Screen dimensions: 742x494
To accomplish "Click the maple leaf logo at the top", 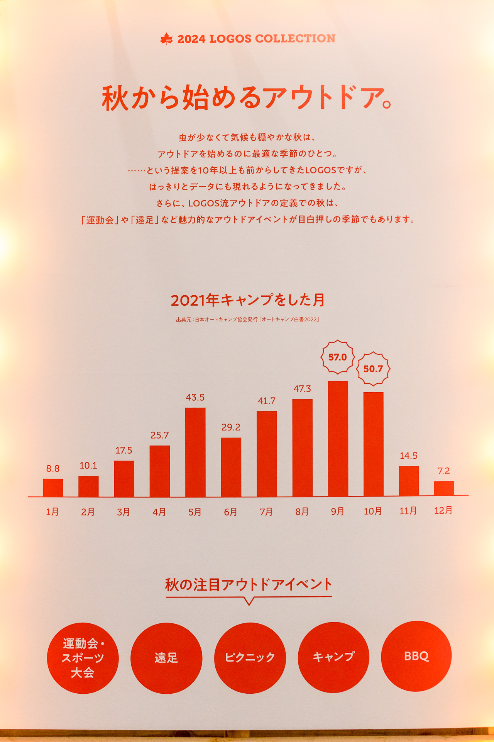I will coord(166,39).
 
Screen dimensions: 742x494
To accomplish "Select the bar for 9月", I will coord(338,439).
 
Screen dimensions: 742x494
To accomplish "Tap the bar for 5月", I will coord(195,452).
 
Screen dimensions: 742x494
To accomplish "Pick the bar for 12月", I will coord(444,488).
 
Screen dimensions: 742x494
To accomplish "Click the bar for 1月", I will coord(53,488).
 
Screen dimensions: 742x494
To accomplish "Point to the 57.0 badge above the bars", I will coord(338,357).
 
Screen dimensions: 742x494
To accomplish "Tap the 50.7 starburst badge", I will coord(373,369).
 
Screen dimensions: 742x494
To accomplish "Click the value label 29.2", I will coord(231,427).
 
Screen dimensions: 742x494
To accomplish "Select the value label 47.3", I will coord(302,389).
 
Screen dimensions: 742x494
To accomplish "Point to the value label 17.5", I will coord(123,451).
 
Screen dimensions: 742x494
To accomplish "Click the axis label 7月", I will coord(266,512).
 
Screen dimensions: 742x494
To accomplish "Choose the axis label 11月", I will coord(408,511).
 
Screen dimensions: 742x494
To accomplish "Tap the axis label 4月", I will coord(159,512).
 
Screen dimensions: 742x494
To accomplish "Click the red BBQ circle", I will coord(416,656).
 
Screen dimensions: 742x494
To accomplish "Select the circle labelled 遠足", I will coord(166,658).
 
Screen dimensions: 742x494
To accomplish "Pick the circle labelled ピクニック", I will coord(250,657).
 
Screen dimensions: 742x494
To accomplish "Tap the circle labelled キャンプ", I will coord(333,657).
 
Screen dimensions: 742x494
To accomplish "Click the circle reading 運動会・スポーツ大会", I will coord(83,658).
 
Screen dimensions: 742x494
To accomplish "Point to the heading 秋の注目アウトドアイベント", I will coord(249,585).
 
